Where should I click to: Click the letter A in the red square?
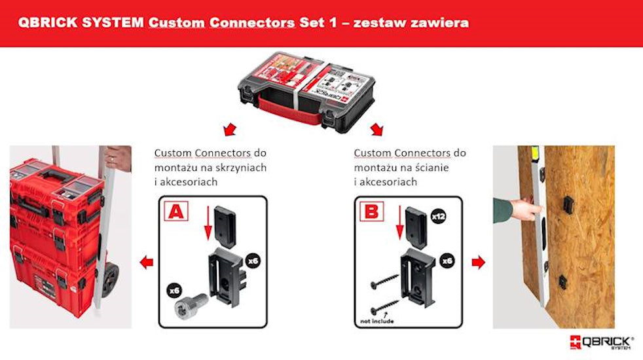click(x=176, y=211)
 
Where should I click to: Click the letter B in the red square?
click(x=371, y=211)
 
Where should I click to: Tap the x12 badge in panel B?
click(x=438, y=216)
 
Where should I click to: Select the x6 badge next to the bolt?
click(x=175, y=291)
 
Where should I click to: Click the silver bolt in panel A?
click(x=191, y=305)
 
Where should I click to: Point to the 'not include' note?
click(x=377, y=321)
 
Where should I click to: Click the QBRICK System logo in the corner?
click(x=602, y=342)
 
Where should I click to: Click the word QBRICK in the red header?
click(x=47, y=22)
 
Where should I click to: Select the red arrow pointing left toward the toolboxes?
click(x=147, y=262)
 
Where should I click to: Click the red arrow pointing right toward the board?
click(x=478, y=262)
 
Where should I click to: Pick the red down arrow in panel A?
click(x=208, y=223)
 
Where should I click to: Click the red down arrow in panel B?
click(x=400, y=223)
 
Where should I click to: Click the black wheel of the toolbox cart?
click(x=109, y=279)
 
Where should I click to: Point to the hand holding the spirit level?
click(x=522, y=209)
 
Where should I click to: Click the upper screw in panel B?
click(x=384, y=281)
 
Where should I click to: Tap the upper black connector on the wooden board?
click(x=567, y=204)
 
